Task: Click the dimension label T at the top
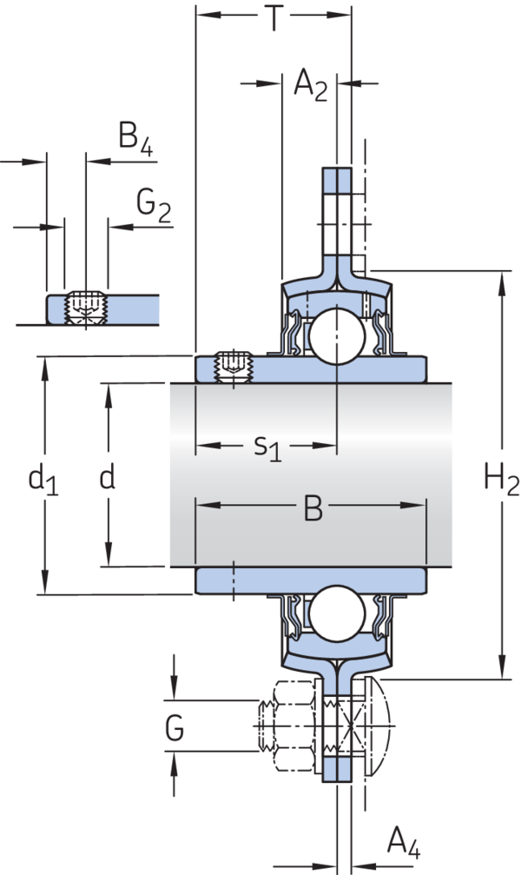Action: coord(274,18)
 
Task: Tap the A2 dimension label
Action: coord(310,85)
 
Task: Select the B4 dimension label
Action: coord(135,140)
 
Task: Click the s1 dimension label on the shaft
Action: coord(267,448)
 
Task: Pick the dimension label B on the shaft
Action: coord(313,509)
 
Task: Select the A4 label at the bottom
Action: coord(403,841)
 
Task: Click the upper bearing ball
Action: coord(335,335)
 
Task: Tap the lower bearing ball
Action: coord(335,613)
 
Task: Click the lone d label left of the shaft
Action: coord(108,478)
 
